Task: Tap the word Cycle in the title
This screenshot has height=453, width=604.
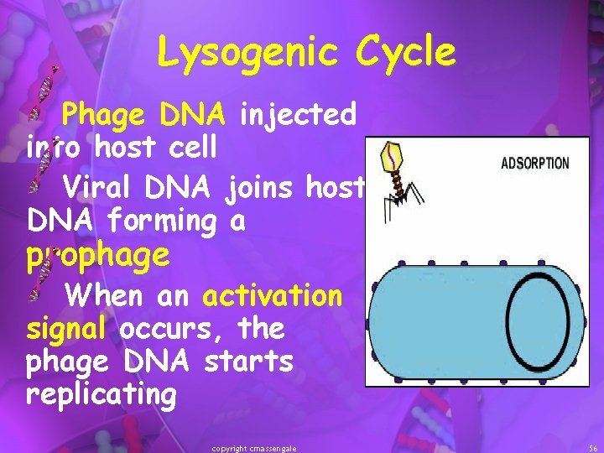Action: click(x=405, y=54)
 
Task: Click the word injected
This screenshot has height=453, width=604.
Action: click(x=298, y=115)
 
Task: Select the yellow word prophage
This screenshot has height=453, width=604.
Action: click(x=97, y=256)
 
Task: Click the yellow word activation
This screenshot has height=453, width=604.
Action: click(x=273, y=295)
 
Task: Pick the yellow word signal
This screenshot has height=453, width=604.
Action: click(x=66, y=328)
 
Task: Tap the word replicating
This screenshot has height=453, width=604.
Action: click(x=101, y=394)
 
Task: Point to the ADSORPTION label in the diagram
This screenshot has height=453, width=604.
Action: click(x=534, y=164)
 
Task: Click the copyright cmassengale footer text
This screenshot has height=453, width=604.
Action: click(x=254, y=449)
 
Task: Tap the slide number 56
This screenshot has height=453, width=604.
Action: click(x=593, y=449)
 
